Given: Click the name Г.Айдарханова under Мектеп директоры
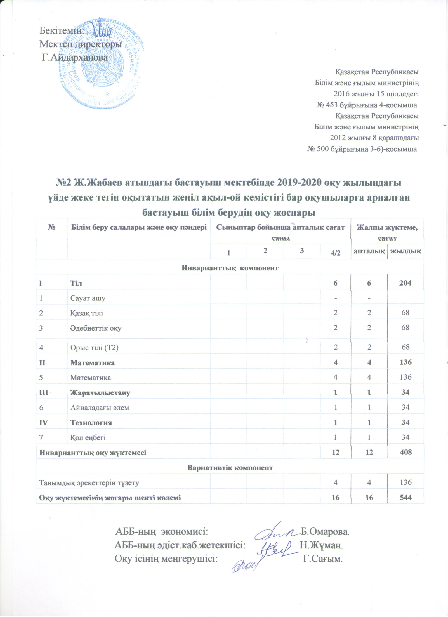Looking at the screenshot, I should (x=75, y=58).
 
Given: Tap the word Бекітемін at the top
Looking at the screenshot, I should (x=61, y=30).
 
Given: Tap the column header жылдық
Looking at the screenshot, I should (x=405, y=251).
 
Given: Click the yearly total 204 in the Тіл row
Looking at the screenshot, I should (x=405, y=283).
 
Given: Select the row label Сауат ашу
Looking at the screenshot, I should (x=88, y=298).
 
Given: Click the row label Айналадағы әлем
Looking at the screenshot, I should (x=100, y=408).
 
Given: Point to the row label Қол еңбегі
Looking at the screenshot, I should (x=88, y=437).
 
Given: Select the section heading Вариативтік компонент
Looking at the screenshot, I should (x=230, y=467).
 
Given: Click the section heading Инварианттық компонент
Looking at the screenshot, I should (x=230, y=268).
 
